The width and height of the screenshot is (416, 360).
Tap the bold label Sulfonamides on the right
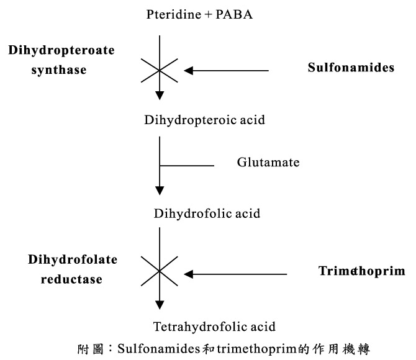pos(351,68)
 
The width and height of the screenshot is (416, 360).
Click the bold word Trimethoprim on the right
pos(361,271)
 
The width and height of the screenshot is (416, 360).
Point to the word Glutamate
pos(268,163)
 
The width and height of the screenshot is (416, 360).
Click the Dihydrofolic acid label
pos(207,214)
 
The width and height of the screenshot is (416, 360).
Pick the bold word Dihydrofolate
pos(72,260)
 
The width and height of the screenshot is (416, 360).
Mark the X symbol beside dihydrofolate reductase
pos(160,272)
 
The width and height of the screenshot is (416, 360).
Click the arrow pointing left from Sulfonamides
pos(227,71)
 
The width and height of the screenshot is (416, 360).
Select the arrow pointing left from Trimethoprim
pos(236,273)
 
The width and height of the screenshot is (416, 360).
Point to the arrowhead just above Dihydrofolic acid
pos(160,191)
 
